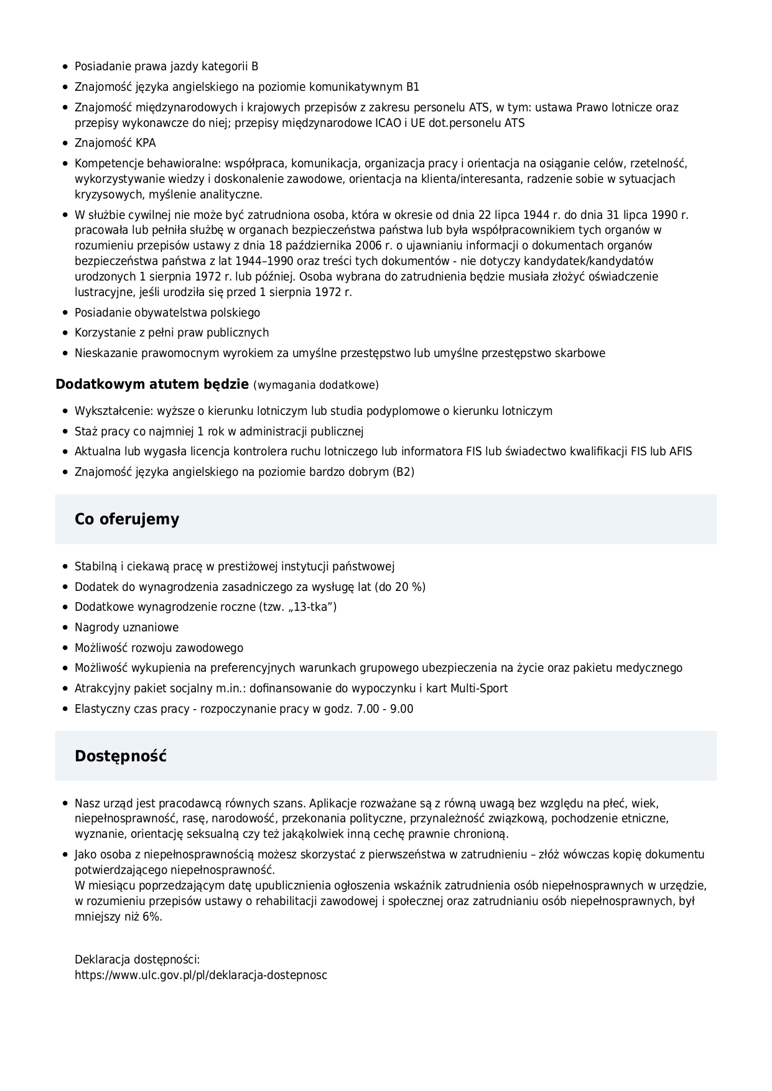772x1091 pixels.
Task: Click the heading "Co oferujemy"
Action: click(x=127, y=519)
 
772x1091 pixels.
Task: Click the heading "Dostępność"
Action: click(x=121, y=756)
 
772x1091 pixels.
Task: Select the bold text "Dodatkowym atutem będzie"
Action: click(x=152, y=384)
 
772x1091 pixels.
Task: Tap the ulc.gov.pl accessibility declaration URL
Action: click(x=201, y=975)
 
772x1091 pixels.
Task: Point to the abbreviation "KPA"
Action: click(x=146, y=143)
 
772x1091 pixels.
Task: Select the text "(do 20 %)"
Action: click(x=400, y=587)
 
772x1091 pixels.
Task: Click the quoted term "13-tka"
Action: click(x=313, y=607)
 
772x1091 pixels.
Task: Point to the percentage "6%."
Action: click(x=150, y=917)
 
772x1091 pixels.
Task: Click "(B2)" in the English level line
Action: click(x=403, y=472)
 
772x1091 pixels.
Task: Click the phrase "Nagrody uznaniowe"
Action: click(x=126, y=628)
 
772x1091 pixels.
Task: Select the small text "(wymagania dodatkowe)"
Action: click(x=316, y=385)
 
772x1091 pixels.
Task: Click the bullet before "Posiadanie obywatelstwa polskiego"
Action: click(x=65, y=313)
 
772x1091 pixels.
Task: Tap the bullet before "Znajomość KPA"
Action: click(x=65, y=143)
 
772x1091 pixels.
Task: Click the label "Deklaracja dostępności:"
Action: click(x=137, y=960)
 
